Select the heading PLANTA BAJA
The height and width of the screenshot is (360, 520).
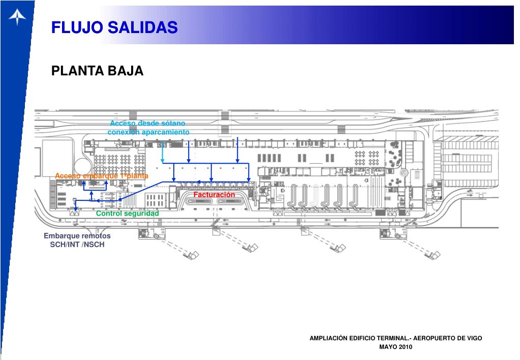coord(97,71)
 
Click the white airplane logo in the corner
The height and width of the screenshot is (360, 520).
coord(17,18)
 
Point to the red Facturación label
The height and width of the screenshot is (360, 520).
coord(214,195)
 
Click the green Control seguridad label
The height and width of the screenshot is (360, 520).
coord(128,213)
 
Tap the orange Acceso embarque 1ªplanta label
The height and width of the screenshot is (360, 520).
coord(101,176)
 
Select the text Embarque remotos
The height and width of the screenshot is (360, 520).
coord(77,236)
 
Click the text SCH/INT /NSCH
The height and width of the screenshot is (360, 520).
coord(77,245)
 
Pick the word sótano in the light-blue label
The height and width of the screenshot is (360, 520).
coord(172,123)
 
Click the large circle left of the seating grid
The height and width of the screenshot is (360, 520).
coord(82,166)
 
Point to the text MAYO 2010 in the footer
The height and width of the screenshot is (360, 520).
coord(396,347)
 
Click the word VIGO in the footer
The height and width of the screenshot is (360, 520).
coord(472,338)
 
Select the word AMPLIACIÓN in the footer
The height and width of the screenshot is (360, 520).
coord(330,338)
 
